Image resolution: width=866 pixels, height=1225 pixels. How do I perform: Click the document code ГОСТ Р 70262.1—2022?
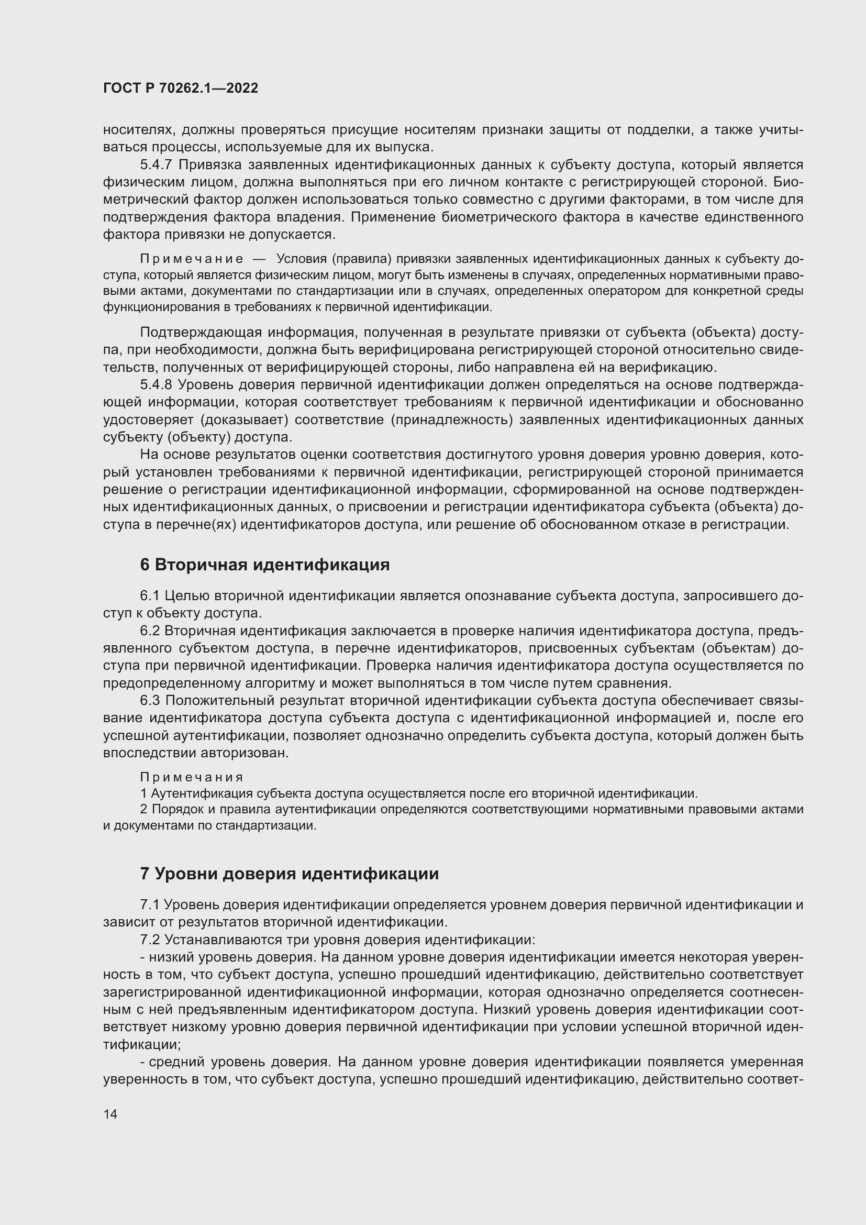tap(180, 89)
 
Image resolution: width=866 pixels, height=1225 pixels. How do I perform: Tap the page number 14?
tap(110, 1114)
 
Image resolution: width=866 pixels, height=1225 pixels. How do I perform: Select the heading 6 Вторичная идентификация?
tap(264, 565)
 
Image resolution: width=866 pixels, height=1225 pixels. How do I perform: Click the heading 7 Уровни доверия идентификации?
tap(289, 874)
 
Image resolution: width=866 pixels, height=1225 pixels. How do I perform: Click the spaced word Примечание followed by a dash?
tap(192, 259)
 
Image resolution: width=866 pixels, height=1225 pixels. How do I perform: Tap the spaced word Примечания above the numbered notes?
tap(192, 777)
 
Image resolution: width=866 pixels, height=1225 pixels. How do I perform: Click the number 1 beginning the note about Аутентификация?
tap(143, 793)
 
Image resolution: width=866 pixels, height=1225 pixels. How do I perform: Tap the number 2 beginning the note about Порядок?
tap(143, 809)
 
